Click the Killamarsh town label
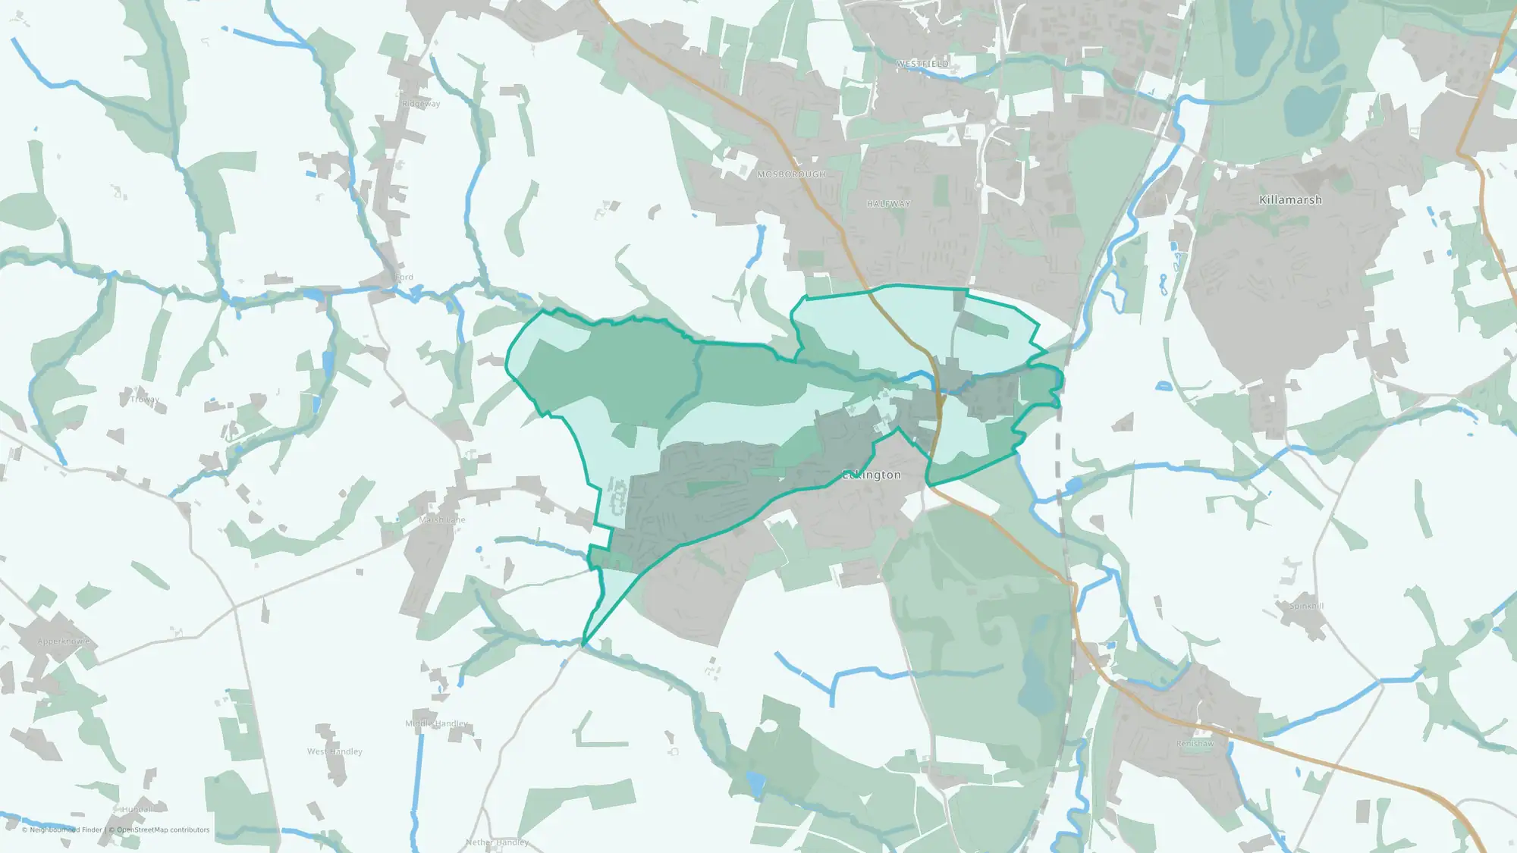1290,200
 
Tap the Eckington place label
872,475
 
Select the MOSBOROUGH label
791,174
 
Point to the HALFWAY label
888,204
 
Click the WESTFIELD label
922,64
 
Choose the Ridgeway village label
421,104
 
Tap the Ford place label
404,278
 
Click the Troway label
144,400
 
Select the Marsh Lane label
442,520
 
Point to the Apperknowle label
64,641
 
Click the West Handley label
334,751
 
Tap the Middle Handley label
436,723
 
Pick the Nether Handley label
497,842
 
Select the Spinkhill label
1307,606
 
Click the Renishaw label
1195,744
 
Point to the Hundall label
137,810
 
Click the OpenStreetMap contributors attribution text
163,830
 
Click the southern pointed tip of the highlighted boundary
583,645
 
